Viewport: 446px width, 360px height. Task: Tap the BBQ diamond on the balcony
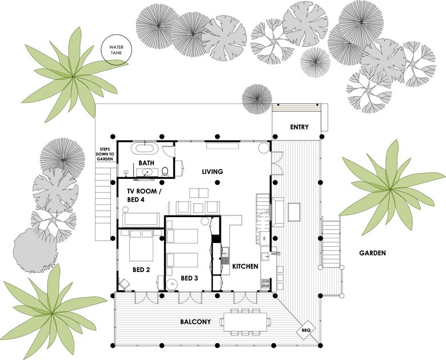(x=305, y=330)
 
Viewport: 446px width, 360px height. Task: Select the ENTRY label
(x=299, y=127)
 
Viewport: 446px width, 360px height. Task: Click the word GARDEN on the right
(x=372, y=253)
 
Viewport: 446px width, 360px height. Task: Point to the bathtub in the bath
(x=144, y=148)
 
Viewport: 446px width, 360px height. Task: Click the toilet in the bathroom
(x=165, y=171)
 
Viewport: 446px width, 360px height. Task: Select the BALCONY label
(x=196, y=322)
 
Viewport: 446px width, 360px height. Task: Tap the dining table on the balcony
(x=245, y=322)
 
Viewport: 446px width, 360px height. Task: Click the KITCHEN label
(x=245, y=266)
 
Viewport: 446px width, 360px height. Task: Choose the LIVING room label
(x=213, y=172)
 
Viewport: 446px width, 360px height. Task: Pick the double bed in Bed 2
(x=141, y=245)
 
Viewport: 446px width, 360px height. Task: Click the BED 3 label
(x=189, y=278)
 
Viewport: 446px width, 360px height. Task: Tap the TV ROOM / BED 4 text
(x=144, y=195)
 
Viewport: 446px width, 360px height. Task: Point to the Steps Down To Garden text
(x=105, y=154)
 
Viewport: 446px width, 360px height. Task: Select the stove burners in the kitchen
(x=265, y=283)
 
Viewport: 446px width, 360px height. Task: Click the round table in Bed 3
(x=172, y=285)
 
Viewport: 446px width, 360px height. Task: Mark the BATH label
(x=146, y=163)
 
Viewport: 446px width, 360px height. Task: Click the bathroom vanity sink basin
(x=148, y=172)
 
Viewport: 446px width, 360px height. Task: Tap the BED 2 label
(x=141, y=270)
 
